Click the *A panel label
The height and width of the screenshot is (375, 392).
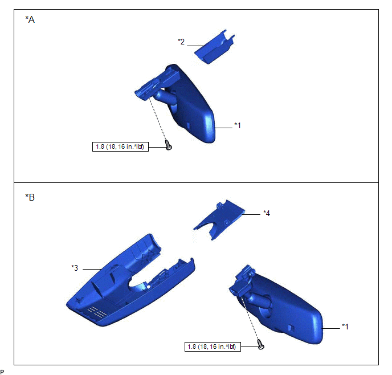click(30, 19)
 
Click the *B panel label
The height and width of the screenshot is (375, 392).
click(30, 197)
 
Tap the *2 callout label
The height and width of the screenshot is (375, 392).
click(181, 42)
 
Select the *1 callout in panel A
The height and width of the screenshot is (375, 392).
click(238, 125)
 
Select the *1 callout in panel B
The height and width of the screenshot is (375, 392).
click(345, 326)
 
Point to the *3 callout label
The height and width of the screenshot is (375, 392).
click(75, 268)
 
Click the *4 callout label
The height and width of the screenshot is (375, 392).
click(267, 213)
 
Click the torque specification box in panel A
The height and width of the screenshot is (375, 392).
click(120, 146)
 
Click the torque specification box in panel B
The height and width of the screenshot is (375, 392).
click(213, 347)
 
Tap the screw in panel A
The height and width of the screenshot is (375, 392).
click(169, 145)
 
